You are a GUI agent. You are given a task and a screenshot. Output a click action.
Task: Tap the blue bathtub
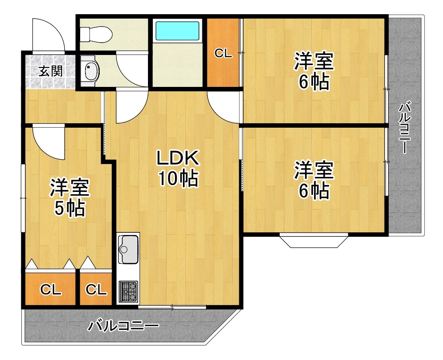(x=178, y=31)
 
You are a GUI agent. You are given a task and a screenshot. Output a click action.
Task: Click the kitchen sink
(x=128, y=250)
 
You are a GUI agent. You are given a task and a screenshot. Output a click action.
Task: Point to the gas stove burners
(x=128, y=291)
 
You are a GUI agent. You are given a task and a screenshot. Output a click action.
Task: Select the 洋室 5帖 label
(x=69, y=198)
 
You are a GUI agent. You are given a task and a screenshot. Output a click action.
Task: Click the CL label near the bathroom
(x=223, y=54)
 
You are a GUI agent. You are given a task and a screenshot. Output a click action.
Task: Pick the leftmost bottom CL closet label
(x=51, y=290)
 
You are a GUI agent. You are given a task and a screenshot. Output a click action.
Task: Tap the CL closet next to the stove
(x=96, y=290)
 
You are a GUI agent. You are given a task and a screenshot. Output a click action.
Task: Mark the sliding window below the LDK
(x=172, y=307)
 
